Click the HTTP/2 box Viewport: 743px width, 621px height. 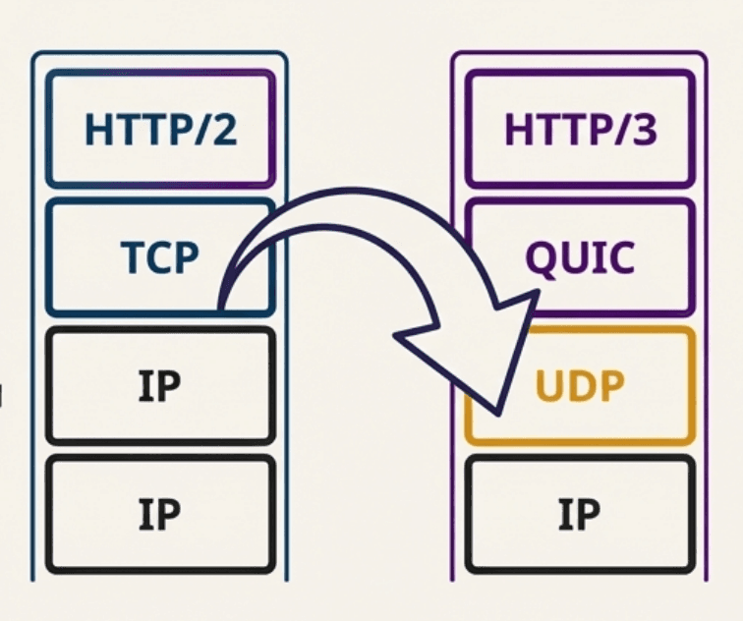tap(160, 129)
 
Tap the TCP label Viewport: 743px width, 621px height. tap(159, 257)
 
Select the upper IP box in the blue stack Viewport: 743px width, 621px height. tap(160, 386)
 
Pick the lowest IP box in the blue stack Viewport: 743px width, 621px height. tap(160, 513)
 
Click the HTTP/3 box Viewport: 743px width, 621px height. tap(580, 129)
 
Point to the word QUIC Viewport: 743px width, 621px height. tap(580, 257)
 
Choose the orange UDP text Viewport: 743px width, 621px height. tap(580, 386)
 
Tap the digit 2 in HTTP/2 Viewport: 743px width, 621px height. tap(223, 130)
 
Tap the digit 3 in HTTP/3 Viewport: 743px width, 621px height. tap(643, 130)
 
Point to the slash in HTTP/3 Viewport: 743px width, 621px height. tap(620, 130)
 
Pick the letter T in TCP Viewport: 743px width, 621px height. tap(132, 257)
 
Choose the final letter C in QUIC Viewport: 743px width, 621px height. tap(620, 258)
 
